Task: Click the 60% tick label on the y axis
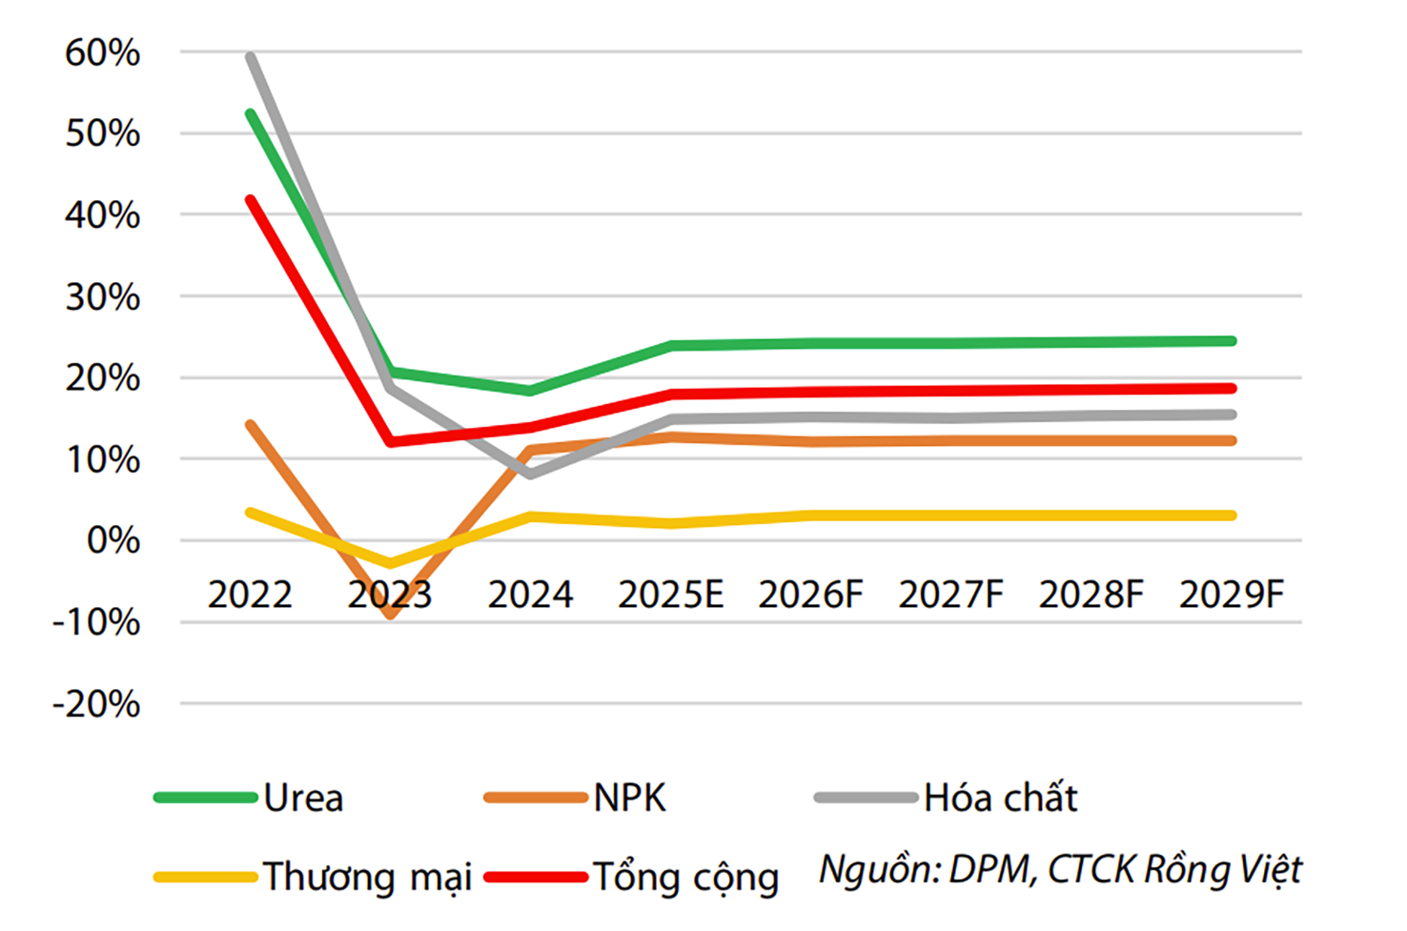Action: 102,53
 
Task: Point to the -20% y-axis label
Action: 96,705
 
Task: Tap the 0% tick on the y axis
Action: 113,541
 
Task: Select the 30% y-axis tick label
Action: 102,298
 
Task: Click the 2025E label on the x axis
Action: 670,596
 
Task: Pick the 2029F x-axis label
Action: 1231,596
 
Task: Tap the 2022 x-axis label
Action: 250,596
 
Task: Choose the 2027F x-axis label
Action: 950,596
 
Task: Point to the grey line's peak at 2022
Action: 251,57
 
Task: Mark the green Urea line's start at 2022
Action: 251,114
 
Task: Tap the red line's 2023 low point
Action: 391,442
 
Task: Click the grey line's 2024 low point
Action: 530,474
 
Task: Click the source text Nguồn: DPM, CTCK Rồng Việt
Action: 1060,870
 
